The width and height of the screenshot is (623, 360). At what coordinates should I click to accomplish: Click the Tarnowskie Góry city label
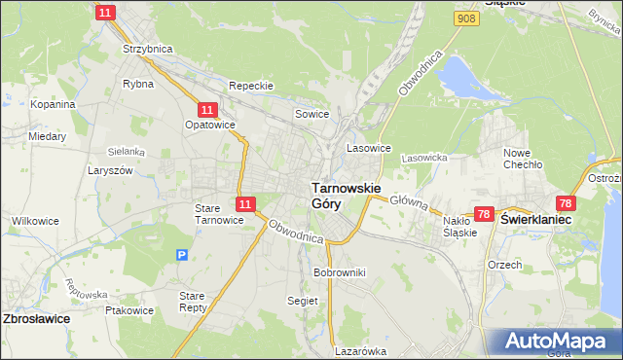pos(345,196)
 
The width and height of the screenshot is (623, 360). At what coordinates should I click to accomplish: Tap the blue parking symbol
pos(182,255)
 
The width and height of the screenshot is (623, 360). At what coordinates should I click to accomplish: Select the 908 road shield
pos(467,18)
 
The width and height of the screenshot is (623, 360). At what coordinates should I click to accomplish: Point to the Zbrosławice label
pos(36,318)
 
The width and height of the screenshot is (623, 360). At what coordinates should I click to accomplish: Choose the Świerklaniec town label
pos(535,221)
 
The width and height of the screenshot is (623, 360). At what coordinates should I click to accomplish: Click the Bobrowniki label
pos(339,272)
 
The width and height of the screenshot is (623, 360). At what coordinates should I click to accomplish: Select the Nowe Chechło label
pos(523,159)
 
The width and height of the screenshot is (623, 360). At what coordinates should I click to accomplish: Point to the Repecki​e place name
pos(252,86)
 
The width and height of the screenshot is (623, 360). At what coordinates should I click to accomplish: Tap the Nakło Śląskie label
pos(459,227)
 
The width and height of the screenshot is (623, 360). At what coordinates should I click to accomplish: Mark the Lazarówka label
pos(361,351)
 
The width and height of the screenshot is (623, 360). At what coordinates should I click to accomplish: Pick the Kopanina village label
pos(53,104)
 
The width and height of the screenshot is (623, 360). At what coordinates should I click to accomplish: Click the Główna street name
pos(409,200)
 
